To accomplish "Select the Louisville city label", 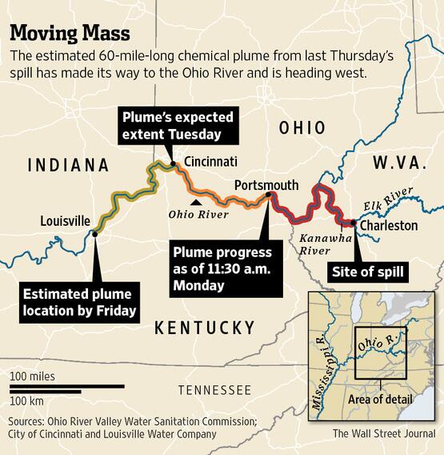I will [x=66, y=221].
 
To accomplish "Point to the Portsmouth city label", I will [x=266, y=185].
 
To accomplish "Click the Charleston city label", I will [x=389, y=226].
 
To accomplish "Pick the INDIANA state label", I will [x=68, y=166].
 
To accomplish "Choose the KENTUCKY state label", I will [x=204, y=327].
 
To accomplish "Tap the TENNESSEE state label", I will [x=214, y=390].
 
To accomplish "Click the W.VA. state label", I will [x=397, y=163].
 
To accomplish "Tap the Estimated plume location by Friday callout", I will [x=77, y=303].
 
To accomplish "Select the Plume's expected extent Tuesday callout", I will [x=171, y=126].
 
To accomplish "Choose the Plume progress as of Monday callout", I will [x=222, y=267].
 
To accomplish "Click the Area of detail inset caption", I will [x=381, y=399].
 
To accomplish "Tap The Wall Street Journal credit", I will [x=384, y=433].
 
